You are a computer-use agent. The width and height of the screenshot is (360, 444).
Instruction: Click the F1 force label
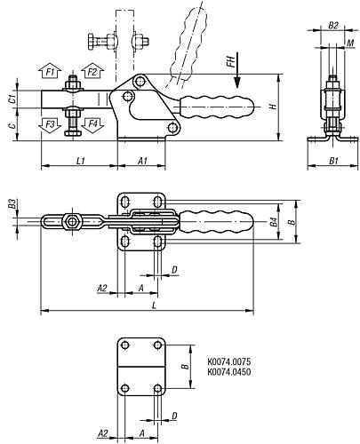(x=51, y=71)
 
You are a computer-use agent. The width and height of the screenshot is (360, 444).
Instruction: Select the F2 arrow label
(x=91, y=71)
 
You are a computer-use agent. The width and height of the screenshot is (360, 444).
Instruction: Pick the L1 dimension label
(x=79, y=159)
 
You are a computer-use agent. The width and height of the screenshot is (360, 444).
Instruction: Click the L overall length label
(x=156, y=305)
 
